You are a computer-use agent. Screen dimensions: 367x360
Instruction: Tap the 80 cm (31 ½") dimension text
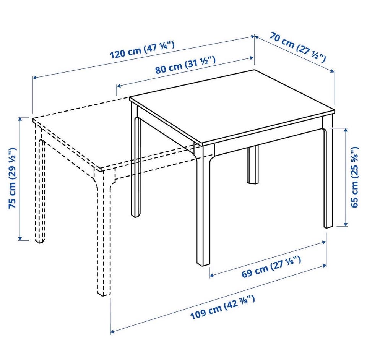[x=185, y=65]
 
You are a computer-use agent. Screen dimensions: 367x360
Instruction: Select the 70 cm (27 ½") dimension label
[x=297, y=47]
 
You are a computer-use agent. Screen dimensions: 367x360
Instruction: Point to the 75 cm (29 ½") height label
[x=12, y=178]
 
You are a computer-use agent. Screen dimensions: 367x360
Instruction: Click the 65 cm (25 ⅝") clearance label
[x=354, y=177]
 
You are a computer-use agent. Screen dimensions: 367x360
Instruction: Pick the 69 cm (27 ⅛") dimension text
[x=271, y=267]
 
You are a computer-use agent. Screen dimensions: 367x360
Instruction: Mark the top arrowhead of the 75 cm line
[x=20, y=119]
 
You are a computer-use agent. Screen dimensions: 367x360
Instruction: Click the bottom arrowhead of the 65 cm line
[x=345, y=224]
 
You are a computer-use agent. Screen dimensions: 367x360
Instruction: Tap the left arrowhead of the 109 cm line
[x=112, y=331]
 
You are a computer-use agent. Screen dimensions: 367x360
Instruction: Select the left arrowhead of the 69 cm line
[x=212, y=276]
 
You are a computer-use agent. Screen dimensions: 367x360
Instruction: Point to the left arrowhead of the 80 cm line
[x=119, y=86]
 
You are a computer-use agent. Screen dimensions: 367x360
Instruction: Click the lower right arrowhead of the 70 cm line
[x=333, y=71]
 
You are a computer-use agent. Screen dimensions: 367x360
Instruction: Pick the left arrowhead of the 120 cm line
[x=34, y=78]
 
